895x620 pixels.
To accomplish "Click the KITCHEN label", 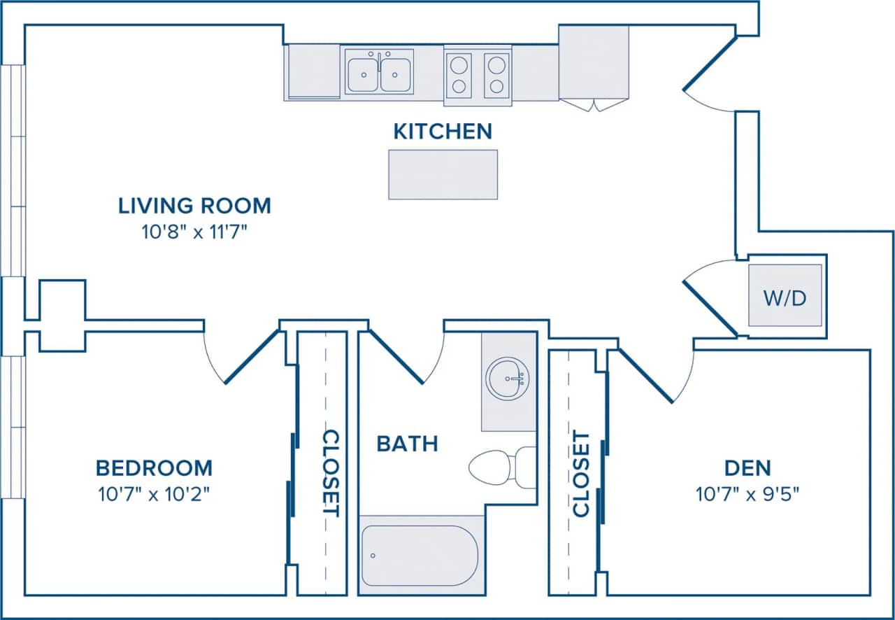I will pyautogui.click(x=443, y=131).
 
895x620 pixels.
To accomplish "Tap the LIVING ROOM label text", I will pyautogui.click(x=194, y=206).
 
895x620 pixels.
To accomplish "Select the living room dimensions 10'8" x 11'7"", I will pyautogui.click(x=194, y=232).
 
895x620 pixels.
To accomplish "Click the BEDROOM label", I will pyautogui.click(x=154, y=467).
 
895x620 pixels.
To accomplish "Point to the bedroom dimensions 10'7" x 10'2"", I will pyautogui.click(x=154, y=495).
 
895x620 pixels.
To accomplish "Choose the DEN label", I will pyautogui.click(x=747, y=467).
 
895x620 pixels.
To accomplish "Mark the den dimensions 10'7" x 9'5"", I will pyautogui.click(x=747, y=495).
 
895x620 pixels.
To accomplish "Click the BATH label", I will pyautogui.click(x=407, y=444).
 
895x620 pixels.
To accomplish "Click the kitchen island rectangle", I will pyautogui.click(x=443, y=174).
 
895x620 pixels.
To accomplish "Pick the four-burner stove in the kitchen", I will pyautogui.click(x=478, y=75).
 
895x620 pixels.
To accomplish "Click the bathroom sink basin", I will pyautogui.click(x=508, y=379).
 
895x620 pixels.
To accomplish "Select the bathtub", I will pyautogui.click(x=420, y=556).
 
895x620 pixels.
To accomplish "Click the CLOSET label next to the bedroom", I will pyautogui.click(x=330, y=472).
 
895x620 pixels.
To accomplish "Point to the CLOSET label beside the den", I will pyautogui.click(x=581, y=474).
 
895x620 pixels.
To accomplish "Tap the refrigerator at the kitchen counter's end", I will pyautogui.click(x=594, y=63).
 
